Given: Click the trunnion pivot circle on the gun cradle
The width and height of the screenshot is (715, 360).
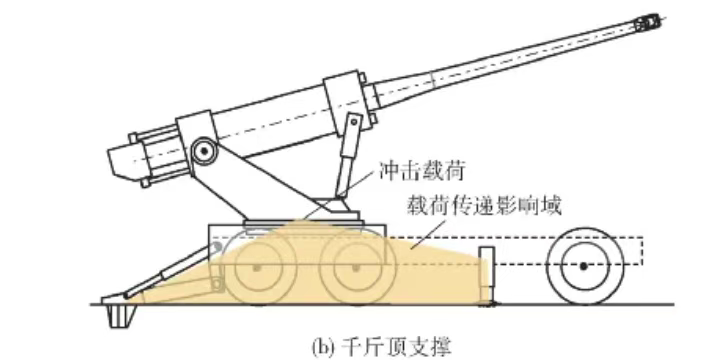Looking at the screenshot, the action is click(x=204, y=151).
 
